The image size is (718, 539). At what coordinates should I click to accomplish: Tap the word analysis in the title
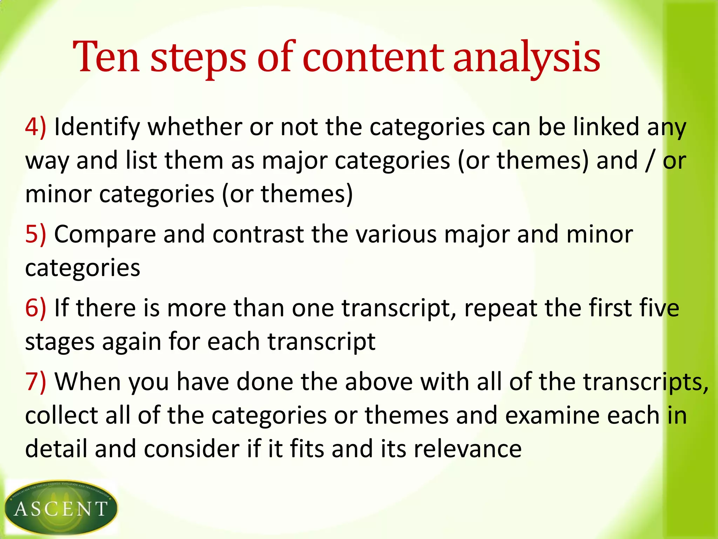[x=527, y=58]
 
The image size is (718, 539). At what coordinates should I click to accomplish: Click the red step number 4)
[x=35, y=127]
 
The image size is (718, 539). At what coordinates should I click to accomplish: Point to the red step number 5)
[x=35, y=234]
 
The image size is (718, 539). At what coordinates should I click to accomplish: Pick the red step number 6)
[x=35, y=308]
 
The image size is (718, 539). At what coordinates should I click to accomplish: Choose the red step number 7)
[x=35, y=381]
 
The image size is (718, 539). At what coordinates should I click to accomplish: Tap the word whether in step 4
[x=195, y=127]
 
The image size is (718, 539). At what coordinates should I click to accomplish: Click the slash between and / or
[x=650, y=160]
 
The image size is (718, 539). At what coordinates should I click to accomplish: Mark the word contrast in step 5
[x=258, y=234]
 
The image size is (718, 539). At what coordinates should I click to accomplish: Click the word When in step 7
[x=88, y=381]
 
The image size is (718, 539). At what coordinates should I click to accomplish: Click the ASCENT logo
[x=61, y=507]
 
